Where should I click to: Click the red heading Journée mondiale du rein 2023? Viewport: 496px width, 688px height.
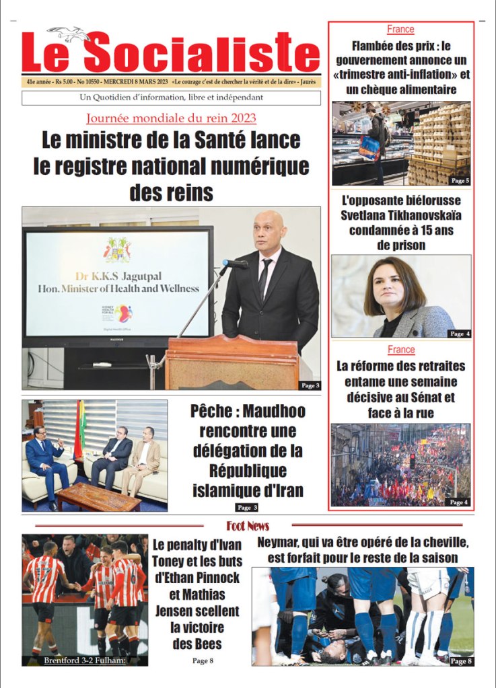coord(171,118)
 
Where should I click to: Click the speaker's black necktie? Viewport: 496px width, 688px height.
coord(264,278)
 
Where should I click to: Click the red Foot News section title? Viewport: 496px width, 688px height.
coord(248,525)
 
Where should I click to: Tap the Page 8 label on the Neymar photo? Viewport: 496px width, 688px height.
coord(460,662)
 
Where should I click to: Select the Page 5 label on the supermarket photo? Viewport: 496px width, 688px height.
coord(460,181)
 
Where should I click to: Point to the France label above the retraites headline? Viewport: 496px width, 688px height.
coord(401,350)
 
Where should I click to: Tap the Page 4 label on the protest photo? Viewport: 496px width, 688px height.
coord(458,502)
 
